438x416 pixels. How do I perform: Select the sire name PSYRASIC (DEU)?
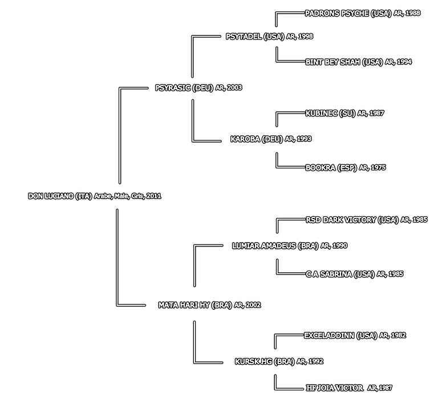(184, 88)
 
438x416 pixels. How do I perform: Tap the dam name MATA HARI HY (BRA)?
(194, 305)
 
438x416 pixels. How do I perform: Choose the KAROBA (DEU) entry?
(257, 139)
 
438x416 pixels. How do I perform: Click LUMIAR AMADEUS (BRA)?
(274, 245)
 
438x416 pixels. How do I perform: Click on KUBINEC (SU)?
(330, 113)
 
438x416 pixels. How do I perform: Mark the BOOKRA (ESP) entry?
(331, 168)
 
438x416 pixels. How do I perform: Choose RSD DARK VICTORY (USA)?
(352, 220)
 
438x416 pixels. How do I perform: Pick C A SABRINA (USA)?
(340, 274)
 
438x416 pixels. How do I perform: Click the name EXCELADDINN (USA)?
(340, 336)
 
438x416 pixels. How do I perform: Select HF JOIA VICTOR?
(334, 388)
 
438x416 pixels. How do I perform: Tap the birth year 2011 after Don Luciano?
(154, 196)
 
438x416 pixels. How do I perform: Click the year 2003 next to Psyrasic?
(234, 88)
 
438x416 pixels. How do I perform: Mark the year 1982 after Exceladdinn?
(398, 336)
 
